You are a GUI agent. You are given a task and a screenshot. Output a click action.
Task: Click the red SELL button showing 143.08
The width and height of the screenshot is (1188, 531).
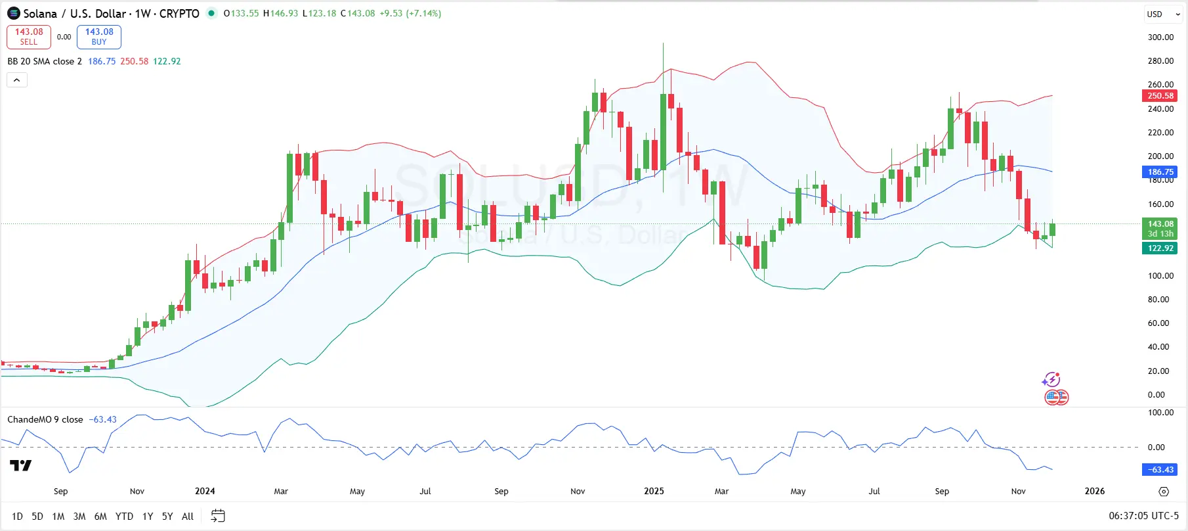[29, 37]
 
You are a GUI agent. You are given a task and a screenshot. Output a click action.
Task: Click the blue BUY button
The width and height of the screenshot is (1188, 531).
[99, 37]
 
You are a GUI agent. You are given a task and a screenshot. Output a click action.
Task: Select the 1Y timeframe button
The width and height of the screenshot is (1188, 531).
[148, 517]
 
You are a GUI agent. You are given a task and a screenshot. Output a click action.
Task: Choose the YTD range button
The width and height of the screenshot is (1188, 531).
[124, 517]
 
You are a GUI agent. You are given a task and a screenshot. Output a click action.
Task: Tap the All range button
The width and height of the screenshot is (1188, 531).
[188, 517]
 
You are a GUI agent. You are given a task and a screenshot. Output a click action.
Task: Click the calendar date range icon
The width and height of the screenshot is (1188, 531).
[218, 516]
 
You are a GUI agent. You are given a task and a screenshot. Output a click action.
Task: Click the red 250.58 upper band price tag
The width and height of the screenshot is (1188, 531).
[1160, 96]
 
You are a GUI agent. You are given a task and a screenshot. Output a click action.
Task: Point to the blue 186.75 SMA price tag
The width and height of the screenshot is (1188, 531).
[1160, 172]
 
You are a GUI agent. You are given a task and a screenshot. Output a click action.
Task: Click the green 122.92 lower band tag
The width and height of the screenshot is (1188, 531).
[1160, 248]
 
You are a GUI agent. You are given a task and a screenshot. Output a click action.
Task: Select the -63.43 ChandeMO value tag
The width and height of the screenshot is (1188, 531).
[1160, 470]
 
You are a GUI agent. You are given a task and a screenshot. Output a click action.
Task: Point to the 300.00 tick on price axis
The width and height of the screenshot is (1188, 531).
[1160, 37]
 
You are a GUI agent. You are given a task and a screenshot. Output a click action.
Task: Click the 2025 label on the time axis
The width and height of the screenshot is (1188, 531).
[654, 492]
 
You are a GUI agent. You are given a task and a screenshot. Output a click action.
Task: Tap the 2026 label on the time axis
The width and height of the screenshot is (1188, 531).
[1094, 492]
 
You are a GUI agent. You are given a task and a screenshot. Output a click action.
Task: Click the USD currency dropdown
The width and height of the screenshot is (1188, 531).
[1162, 14]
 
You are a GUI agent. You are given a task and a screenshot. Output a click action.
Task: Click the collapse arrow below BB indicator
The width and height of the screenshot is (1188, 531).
[17, 80]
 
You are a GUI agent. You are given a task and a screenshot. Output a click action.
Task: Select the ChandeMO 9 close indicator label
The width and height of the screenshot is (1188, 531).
[45, 420]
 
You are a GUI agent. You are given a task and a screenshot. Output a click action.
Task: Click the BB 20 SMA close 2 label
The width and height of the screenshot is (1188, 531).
[45, 61]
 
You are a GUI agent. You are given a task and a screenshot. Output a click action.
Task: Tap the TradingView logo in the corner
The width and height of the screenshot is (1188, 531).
[21, 466]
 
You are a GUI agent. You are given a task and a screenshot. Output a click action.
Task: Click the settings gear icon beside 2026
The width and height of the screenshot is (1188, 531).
[1164, 492]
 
